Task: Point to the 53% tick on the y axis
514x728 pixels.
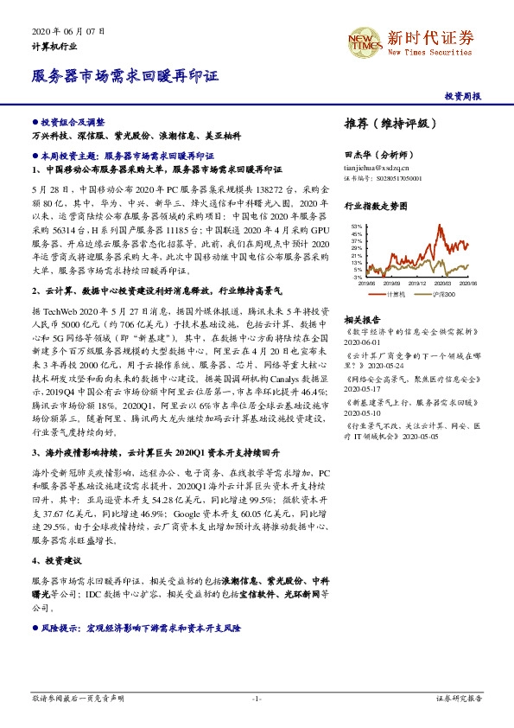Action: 357,227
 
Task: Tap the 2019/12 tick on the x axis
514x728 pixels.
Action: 417,283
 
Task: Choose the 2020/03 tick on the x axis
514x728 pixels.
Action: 443,283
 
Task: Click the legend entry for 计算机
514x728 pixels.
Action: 397,294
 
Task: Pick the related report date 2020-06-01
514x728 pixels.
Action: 362,341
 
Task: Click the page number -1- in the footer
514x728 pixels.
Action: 256,696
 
